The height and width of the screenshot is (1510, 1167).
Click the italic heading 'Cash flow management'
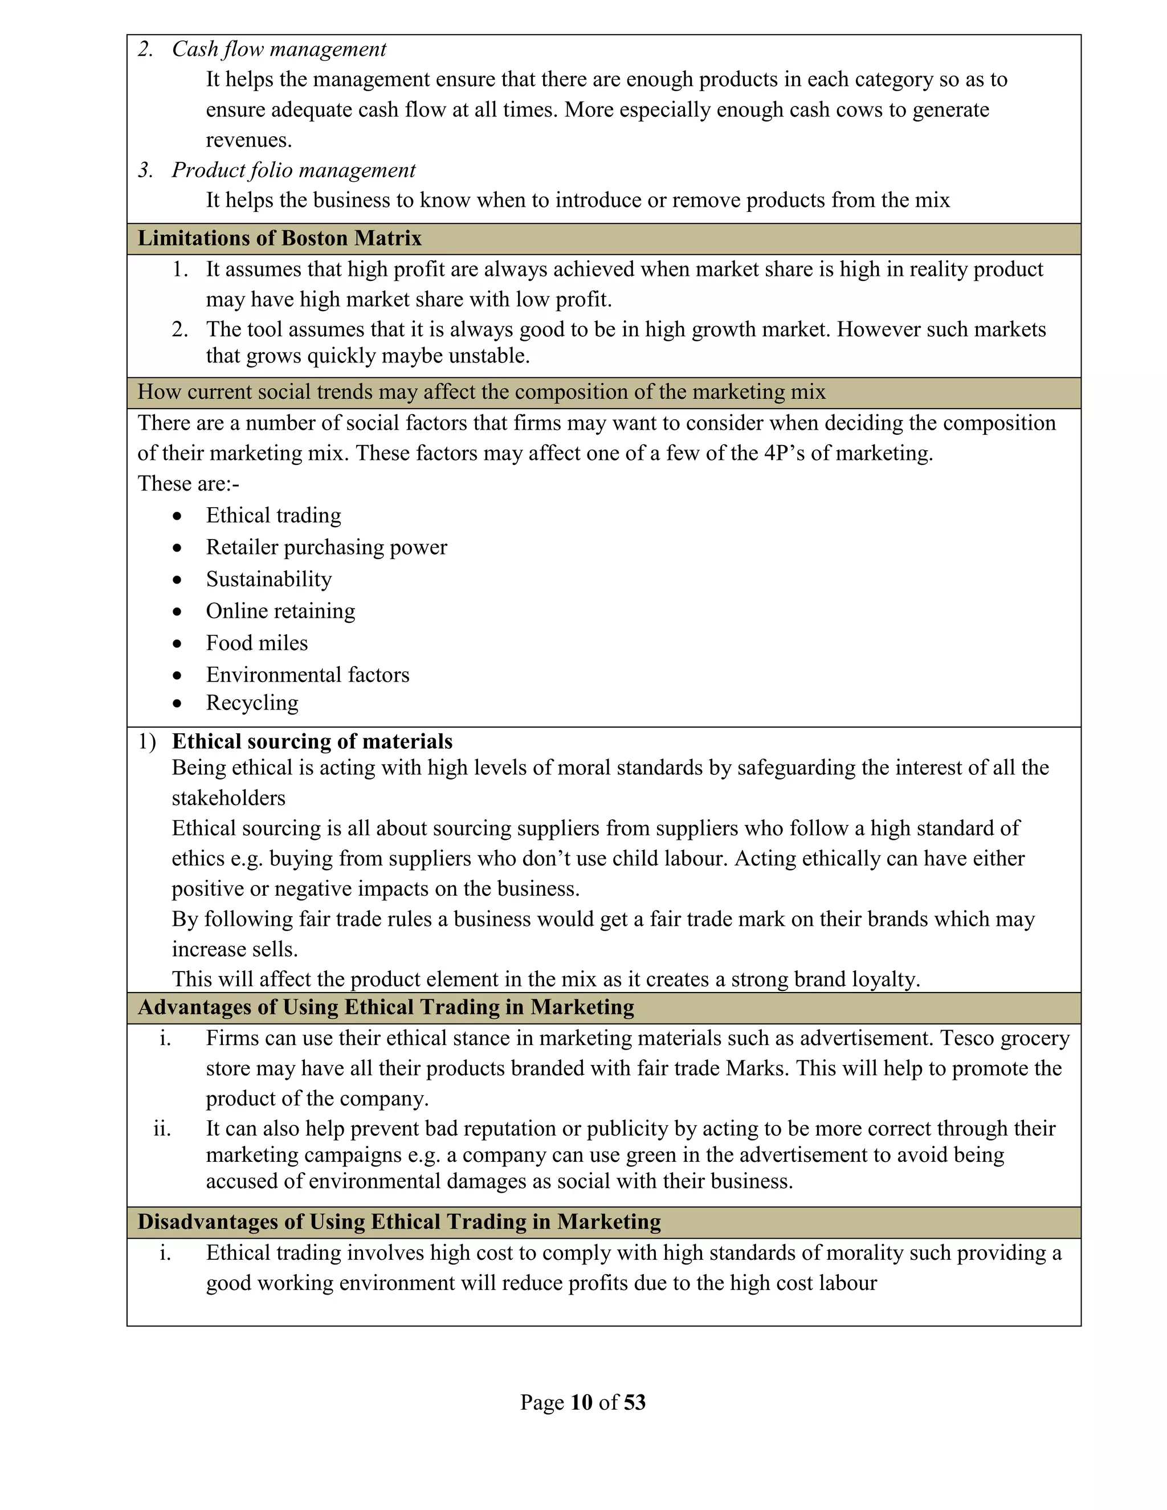click(x=279, y=49)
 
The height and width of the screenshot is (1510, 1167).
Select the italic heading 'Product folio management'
click(x=293, y=170)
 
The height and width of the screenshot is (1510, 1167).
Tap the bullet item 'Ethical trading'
click(x=273, y=516)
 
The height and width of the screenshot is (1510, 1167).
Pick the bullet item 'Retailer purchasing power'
click(x=327, y=548)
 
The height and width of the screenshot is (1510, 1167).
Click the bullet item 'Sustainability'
click(x=268, y=579)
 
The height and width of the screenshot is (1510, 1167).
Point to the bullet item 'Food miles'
click(x=256, y=643)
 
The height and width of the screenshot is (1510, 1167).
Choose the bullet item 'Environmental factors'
click(x=307, y=675)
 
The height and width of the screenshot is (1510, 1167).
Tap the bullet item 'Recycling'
click(x=252, y=703)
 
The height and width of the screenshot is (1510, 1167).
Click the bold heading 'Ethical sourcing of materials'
click(x=312, y=741)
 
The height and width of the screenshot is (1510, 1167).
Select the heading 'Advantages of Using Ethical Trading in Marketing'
click(x=386, y=1007)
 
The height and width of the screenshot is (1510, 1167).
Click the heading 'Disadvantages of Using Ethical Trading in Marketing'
click(x=399, y=1222)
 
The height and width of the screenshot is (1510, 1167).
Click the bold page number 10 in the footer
click(x=581, y=1402)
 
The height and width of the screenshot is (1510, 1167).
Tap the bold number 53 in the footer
click(x=634, y=1402)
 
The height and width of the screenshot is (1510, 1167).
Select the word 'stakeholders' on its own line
click(x=228, y=798)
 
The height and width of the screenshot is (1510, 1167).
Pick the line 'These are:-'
click(x=188, y=484)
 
